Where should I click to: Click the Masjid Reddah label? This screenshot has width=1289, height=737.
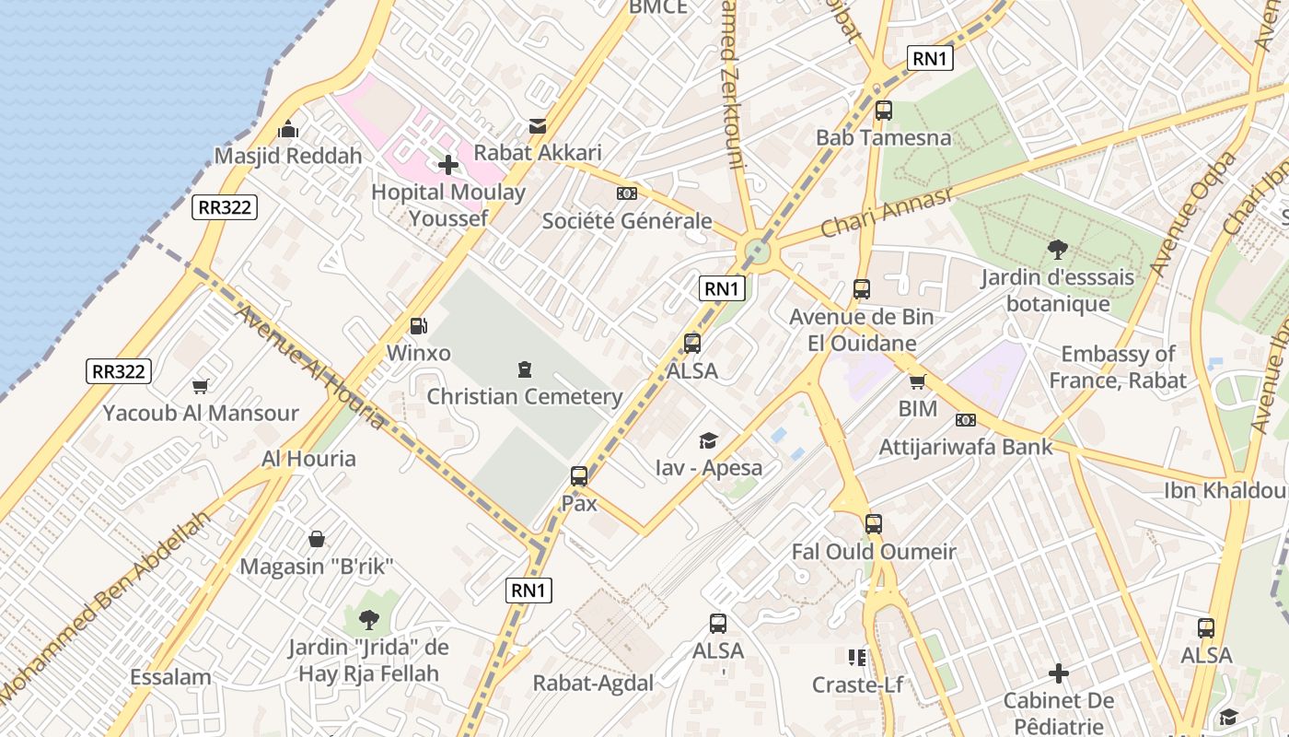pos(288,156)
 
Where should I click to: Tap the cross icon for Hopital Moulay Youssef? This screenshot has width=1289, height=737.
pos(448,165)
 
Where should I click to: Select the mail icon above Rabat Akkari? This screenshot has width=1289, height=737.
pos(538,126)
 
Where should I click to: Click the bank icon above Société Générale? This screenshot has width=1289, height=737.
pos(627,193)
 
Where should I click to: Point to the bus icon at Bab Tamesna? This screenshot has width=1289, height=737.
pos(884,111)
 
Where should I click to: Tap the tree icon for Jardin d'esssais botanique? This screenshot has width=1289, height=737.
pos(1058,249)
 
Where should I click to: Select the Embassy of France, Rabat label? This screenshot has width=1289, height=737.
pos(1118,367)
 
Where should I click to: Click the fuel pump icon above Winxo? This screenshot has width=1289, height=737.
pos(418,325)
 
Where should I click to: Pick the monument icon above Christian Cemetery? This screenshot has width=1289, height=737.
pos(525,369)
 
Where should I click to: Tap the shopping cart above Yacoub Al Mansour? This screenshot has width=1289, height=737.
pos(200,386)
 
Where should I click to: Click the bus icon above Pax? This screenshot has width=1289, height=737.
pos(579,476)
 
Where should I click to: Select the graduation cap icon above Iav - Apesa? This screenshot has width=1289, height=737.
pos(708,440)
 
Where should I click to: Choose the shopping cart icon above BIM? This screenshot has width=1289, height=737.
pos(917,381)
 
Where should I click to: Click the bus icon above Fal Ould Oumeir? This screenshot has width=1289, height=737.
pos(874,524)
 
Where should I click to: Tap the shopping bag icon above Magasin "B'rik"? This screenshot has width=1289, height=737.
pos(317,539)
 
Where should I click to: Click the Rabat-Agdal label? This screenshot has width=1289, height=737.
pos(593,684)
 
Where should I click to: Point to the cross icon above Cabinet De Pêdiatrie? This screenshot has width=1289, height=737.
pos(1059,673)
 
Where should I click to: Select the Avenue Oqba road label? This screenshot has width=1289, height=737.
pos(1194,214)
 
